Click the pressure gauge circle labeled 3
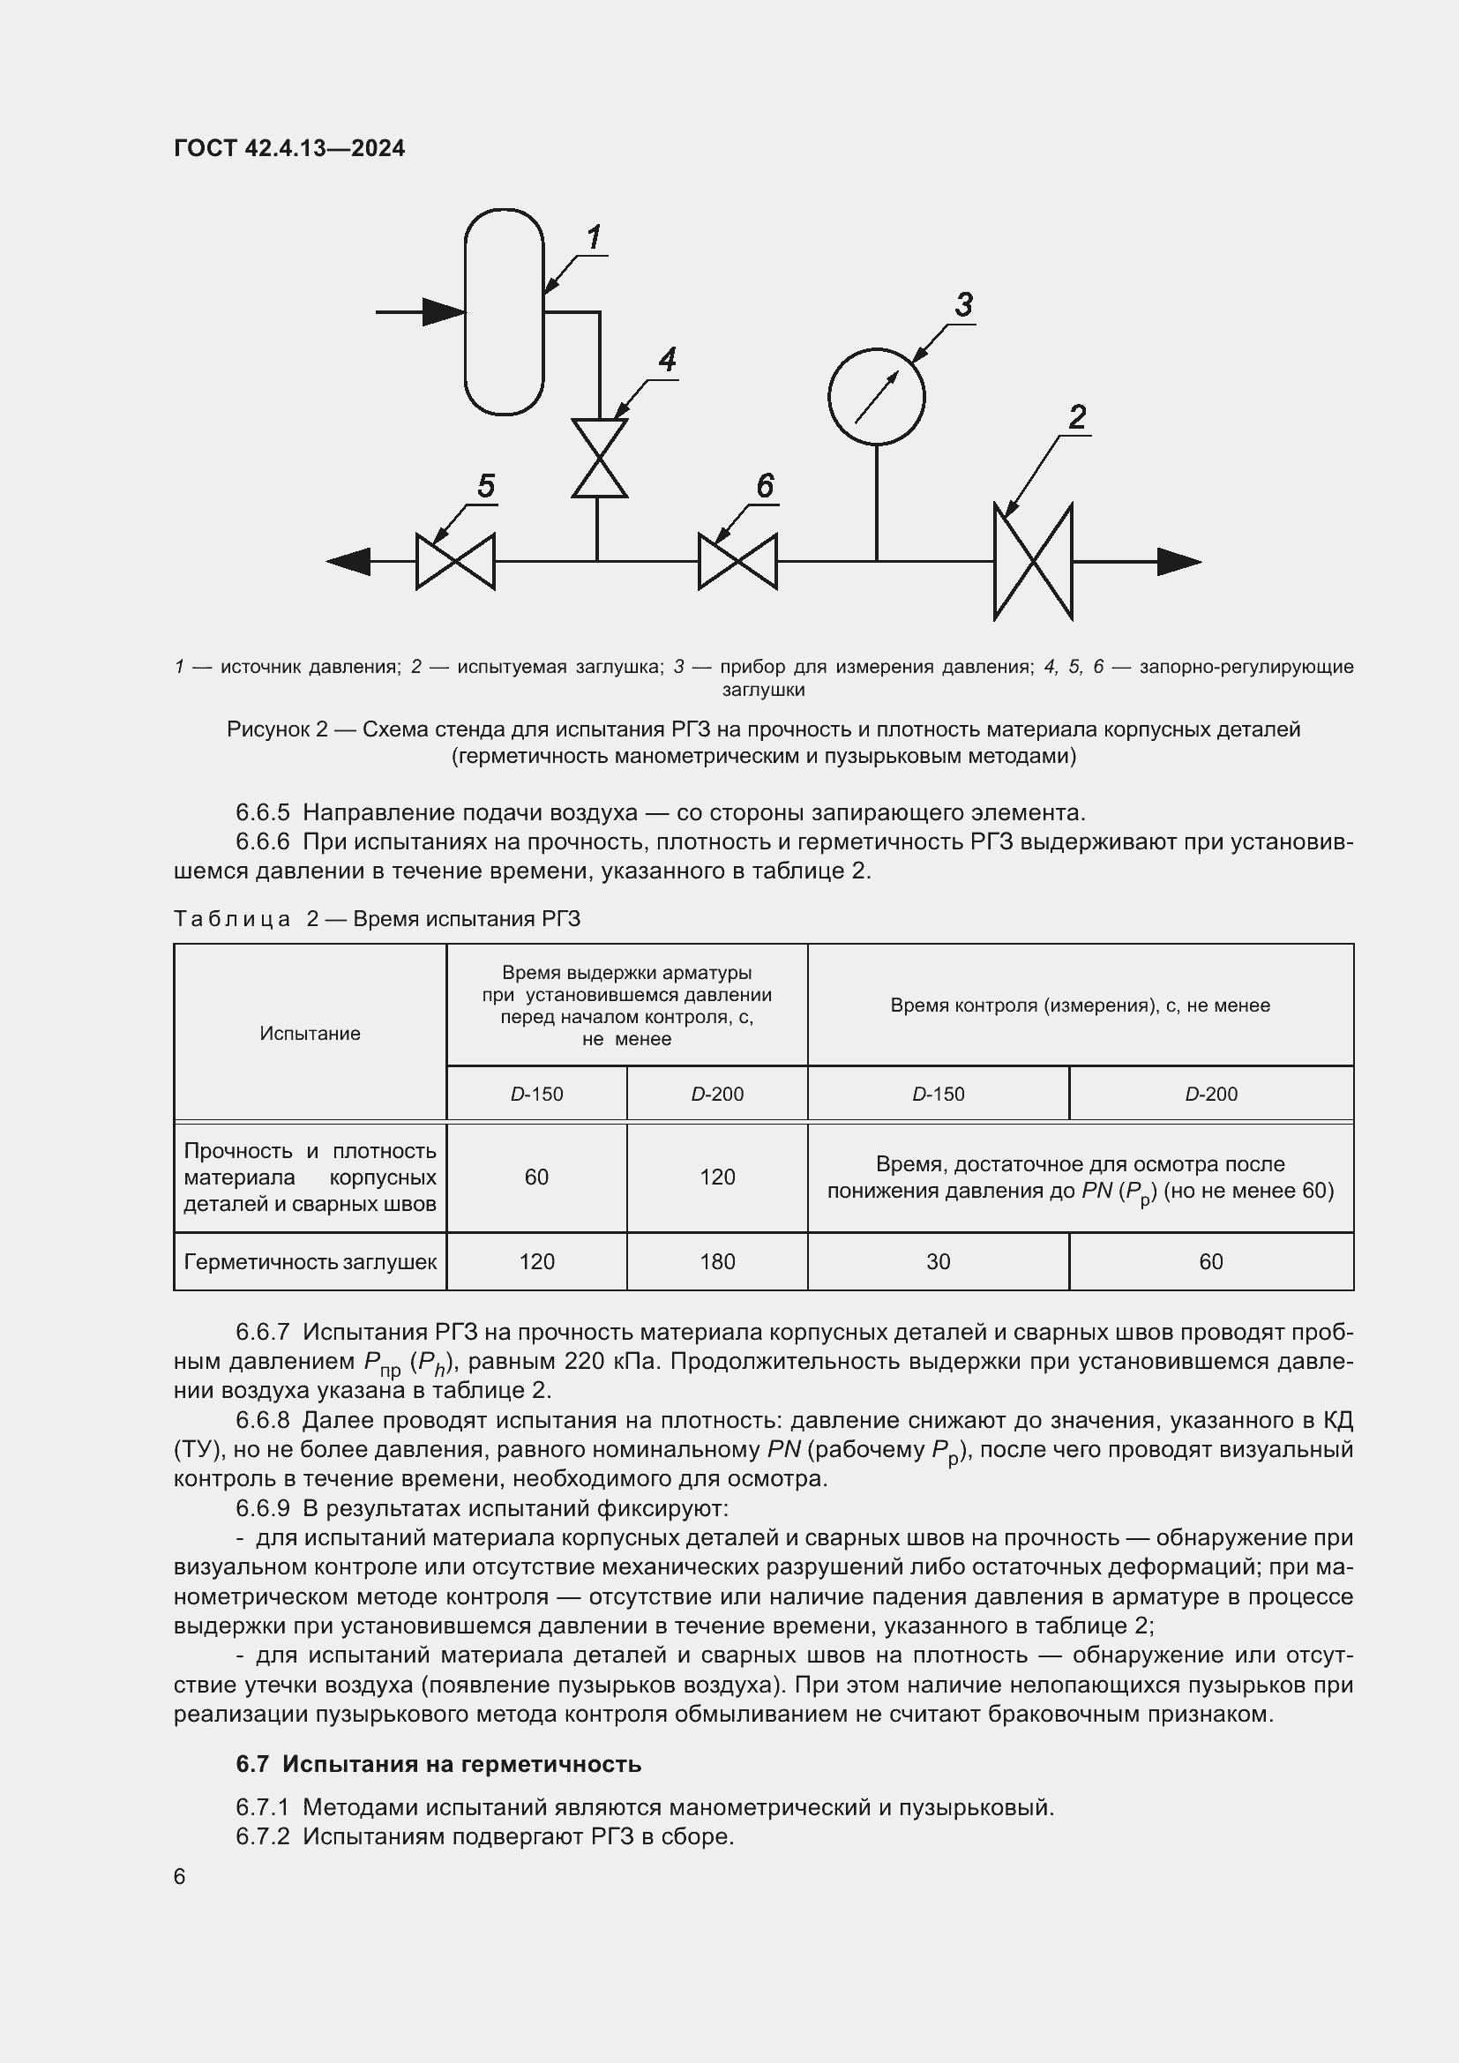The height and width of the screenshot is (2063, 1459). [876, 396]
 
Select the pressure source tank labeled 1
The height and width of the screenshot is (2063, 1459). [504, 311]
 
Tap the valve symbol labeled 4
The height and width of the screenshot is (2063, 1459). [599, 458]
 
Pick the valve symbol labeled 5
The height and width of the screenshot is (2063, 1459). [455, 562]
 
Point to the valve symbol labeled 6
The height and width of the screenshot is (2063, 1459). [737, 562]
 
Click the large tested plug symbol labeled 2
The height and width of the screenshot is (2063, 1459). [1033, 562]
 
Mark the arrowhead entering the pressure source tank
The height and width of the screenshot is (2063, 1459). [444, 311]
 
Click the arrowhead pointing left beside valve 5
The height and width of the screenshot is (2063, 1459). [348, 562]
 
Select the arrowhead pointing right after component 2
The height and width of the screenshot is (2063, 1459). [1178, 562]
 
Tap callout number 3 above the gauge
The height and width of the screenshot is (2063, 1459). [964, 305]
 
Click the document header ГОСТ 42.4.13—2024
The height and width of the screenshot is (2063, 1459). [289, 148]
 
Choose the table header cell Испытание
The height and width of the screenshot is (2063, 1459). [310, 1034]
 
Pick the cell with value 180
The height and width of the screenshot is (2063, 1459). [717, 1261]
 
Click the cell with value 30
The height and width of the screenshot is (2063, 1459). [938, 1261]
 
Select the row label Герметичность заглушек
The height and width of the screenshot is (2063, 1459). [310, 1261]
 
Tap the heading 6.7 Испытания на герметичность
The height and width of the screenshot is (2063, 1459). [438, 1764]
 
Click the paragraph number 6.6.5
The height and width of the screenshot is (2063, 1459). [262, 812]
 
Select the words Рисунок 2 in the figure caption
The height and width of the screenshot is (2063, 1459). [277, 729]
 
